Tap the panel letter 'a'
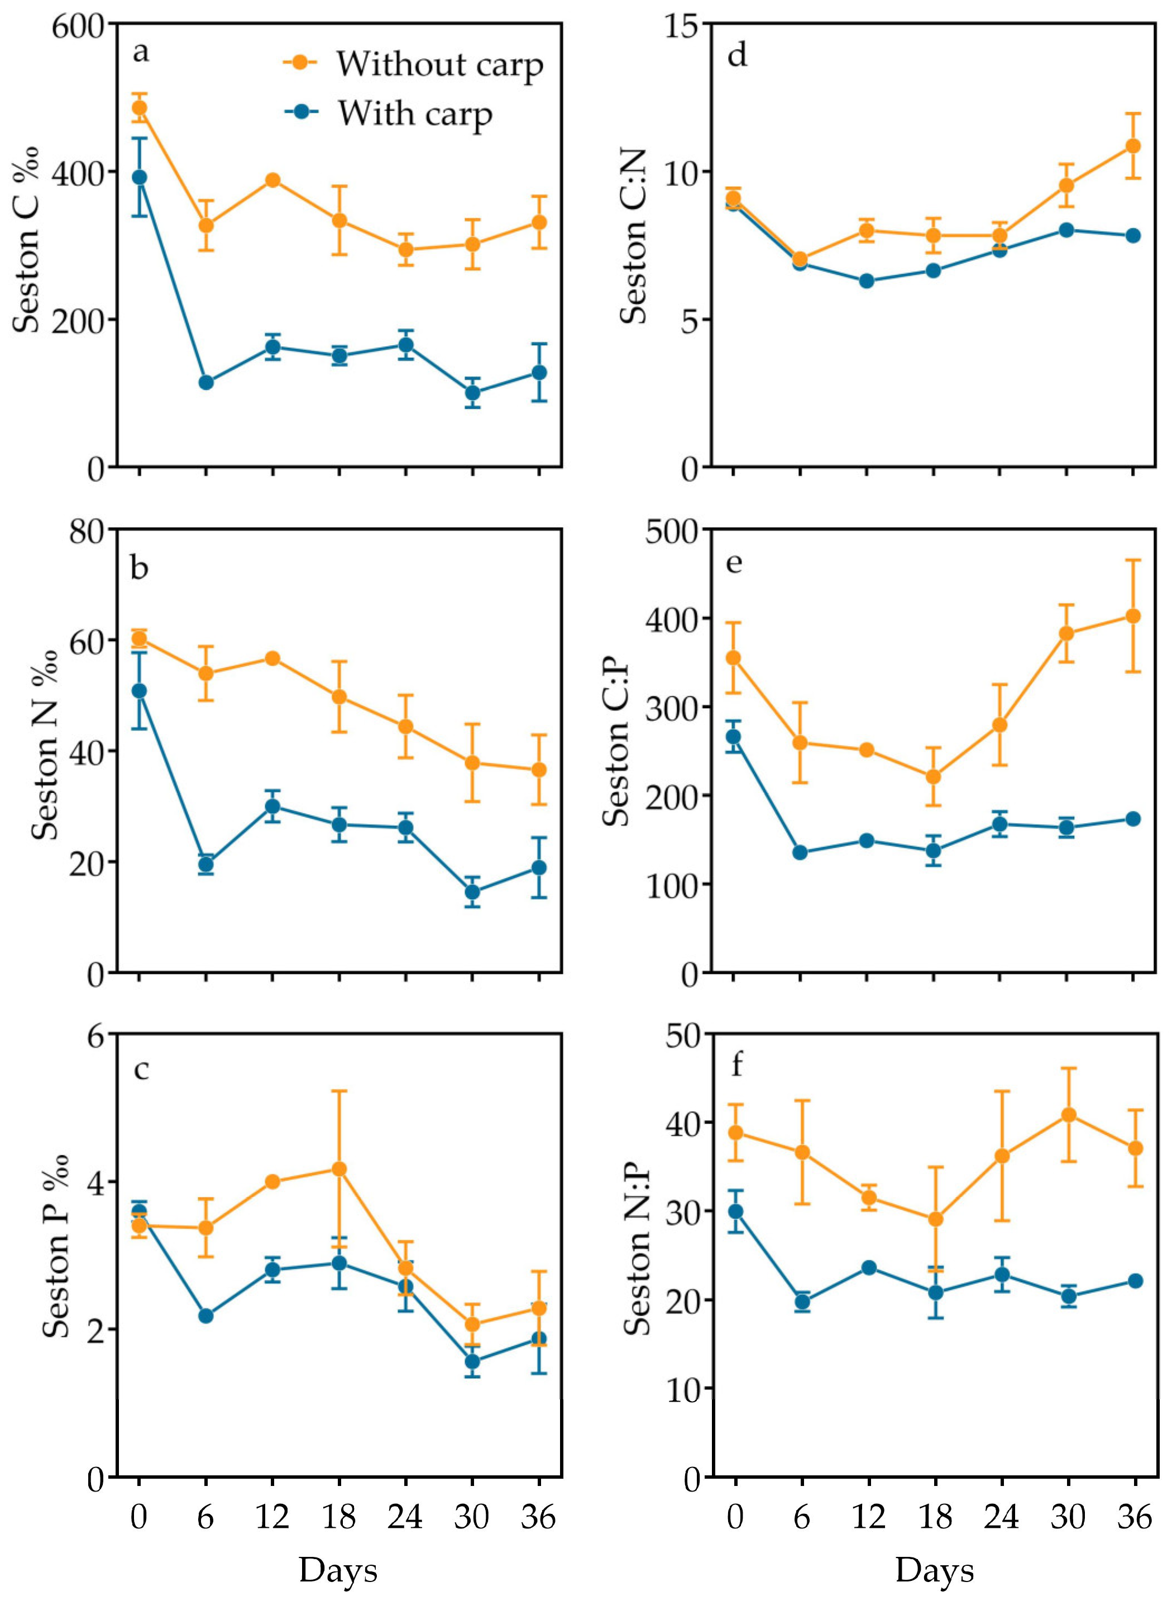(141, 52)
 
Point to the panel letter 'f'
(736, 1065)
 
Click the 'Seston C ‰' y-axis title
(27, 240)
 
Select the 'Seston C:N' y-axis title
(634, 236)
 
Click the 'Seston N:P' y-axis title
(637, 1249)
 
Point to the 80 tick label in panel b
(89, 531)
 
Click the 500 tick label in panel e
(668, 531)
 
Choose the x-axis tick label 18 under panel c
(339, 1518)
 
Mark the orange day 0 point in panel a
(140, 108)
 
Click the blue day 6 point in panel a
(205, 383)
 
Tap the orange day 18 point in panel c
(339, 1168)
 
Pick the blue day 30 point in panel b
(472, 892)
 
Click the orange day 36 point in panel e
(1133, 616)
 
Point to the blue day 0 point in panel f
(736, 1211)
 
